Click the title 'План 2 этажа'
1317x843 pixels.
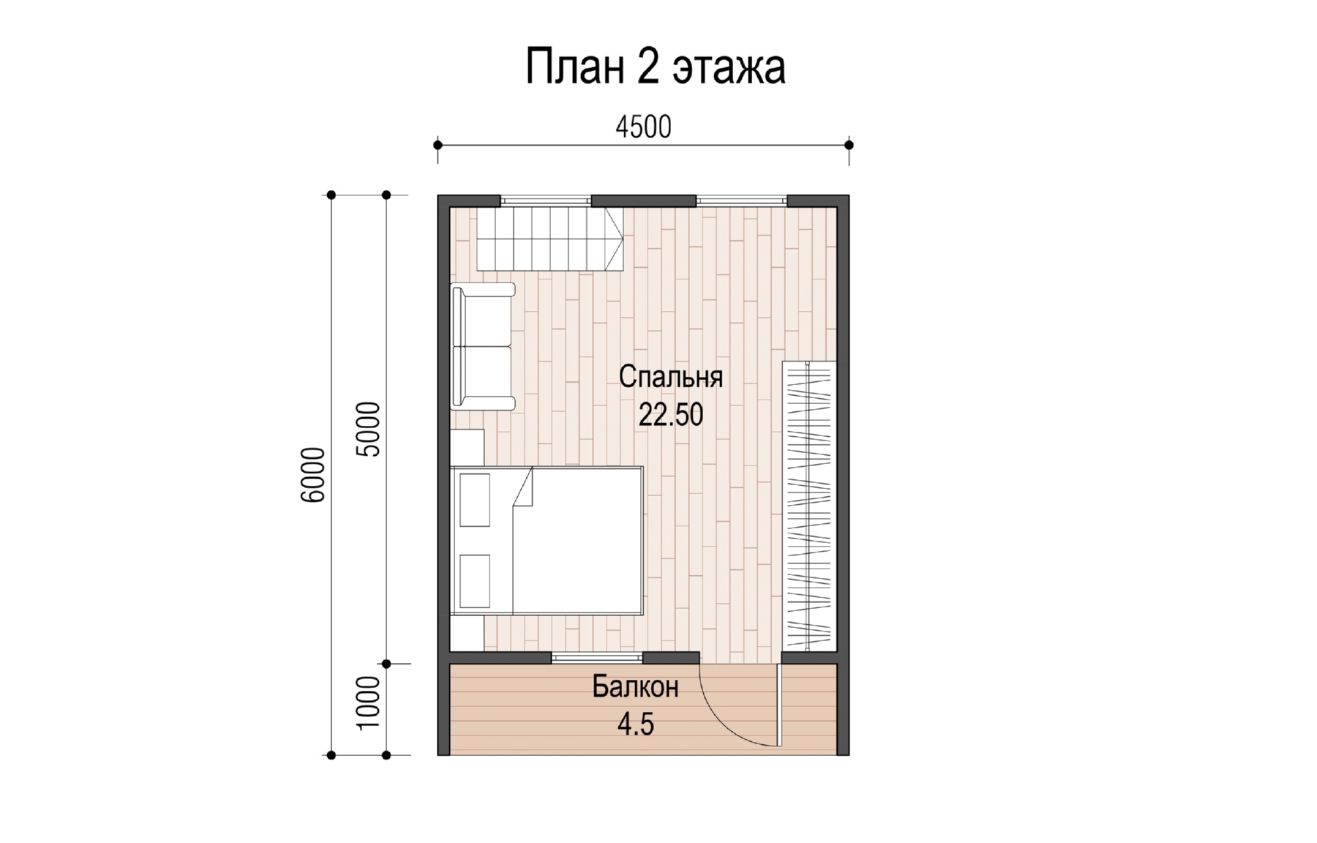[656, 67]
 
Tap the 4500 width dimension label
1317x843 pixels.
[643, 127]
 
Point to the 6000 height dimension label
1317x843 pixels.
[312, 475]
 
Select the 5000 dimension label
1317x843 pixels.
[368, 430]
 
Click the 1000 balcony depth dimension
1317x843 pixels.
[368, 702]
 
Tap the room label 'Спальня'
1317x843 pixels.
[671, 377]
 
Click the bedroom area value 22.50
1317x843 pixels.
[671, 415]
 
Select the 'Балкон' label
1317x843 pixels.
[635, 687]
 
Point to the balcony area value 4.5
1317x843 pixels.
[635, 724]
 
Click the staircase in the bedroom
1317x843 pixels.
[550, 239]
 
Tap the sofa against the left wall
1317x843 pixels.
[483, 346]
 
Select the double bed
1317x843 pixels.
[547, 540]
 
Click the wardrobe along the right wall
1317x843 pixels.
[810, 506]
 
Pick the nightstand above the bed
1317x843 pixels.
[467, 447]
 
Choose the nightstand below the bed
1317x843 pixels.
[467, 633]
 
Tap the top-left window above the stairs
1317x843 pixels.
[546, 199]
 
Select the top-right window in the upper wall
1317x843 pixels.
[741, 199]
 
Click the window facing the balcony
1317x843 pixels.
[598, 658]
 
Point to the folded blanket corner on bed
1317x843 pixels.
[522, 488]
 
